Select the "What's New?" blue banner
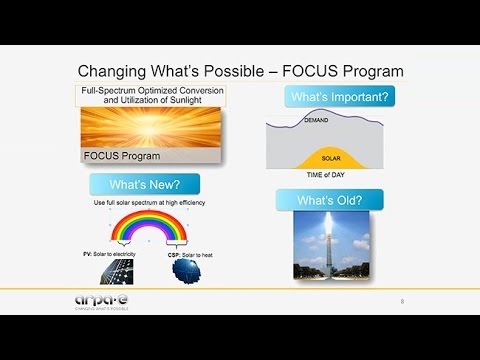click(144, 184)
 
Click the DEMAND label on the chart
click(316, 119)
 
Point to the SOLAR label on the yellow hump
click(331, 158)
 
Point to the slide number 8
click(402, 301)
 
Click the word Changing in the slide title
click(113, 72)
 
